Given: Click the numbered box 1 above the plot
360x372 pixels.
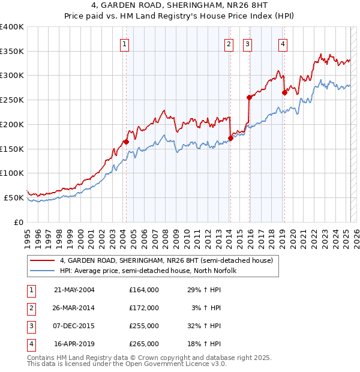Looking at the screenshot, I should tap(124, 43).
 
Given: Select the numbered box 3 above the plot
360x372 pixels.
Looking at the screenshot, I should tap(247, 43).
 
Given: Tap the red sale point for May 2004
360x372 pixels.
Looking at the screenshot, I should tap(126, 142).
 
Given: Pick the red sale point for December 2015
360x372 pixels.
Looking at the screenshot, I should tap(249, 97).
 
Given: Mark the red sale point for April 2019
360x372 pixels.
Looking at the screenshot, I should tap(284, 92).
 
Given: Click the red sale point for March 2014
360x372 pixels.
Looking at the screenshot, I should tap(230, 138).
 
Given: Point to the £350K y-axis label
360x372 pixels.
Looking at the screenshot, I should tap(12, 52).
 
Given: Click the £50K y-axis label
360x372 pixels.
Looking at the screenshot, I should tap(14, 197).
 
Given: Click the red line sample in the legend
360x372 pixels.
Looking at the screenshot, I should tap(44, 260).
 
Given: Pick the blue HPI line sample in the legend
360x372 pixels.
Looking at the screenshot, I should tap(44, 271).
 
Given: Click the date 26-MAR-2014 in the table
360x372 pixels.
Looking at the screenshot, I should tap(74, 308).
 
